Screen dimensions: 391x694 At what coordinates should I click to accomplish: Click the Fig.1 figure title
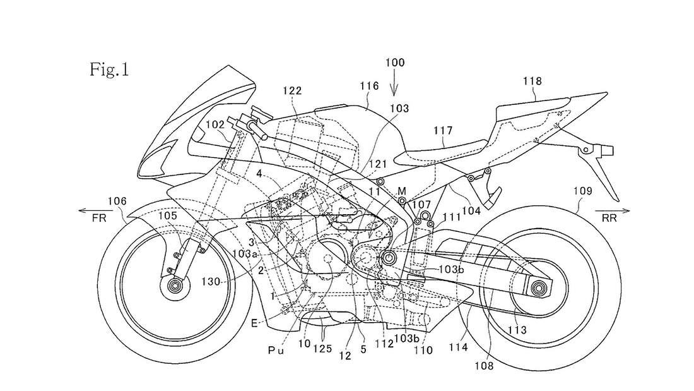109,68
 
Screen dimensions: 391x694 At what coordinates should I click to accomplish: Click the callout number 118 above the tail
532,81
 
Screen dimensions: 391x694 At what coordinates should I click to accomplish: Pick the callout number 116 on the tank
369,86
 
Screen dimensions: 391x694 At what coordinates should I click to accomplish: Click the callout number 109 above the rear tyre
584,188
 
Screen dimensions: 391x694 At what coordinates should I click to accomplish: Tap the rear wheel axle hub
539,289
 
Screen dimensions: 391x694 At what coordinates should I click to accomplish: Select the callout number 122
292,92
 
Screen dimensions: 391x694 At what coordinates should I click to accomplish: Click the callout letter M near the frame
401,189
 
